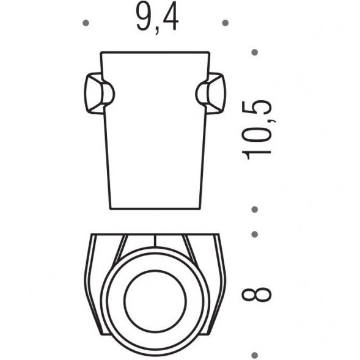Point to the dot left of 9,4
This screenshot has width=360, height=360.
86,23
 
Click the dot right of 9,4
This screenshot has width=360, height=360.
225,23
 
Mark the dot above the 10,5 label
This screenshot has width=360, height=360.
255,53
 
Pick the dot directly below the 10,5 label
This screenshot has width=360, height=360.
255,210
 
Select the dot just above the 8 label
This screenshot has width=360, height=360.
255,234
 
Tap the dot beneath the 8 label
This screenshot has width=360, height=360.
255,353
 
